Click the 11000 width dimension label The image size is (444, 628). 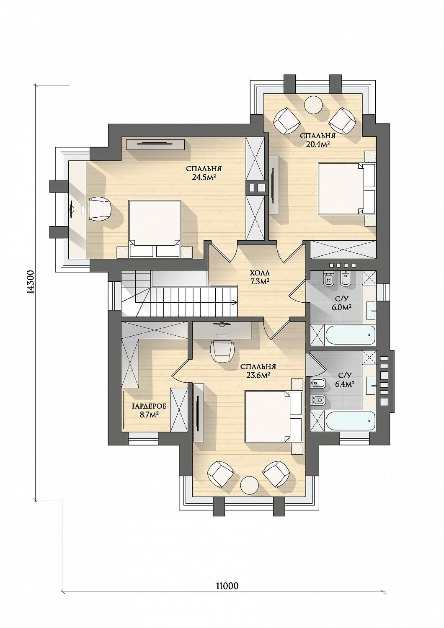tap(227, 607)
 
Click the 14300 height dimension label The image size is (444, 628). tap(31, 282)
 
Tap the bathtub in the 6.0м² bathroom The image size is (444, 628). tap(350, 336)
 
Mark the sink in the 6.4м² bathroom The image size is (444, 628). tap(371, 386)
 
